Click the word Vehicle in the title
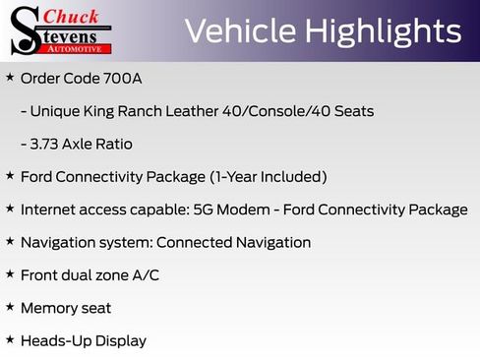(238, 31)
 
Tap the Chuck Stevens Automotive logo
(61, 30)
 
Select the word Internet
(49, 210)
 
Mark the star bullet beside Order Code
(10, 77)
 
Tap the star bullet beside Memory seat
(10, 307)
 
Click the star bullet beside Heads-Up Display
(10, 339)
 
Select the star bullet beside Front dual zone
(10, 274)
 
